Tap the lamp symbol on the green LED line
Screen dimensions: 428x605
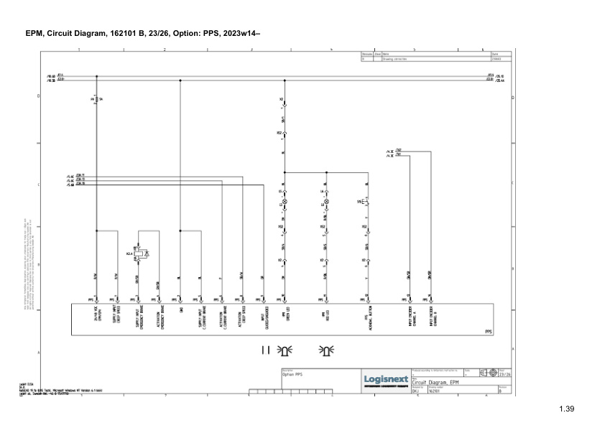[x=285, y=203]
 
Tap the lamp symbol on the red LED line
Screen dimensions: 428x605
[x=326, y=203]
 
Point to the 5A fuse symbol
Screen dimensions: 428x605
[x=96, y=98]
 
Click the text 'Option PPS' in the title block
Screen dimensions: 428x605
[x=292, y=375]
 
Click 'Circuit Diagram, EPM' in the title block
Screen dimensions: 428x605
[x=434, y=383]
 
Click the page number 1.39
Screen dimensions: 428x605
[x=567, y=409]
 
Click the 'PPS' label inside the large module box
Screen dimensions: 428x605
[x=489, y=332]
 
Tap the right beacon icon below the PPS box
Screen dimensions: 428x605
[x=327, y=350]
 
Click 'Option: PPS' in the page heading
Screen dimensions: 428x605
[x=185, y=33]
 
